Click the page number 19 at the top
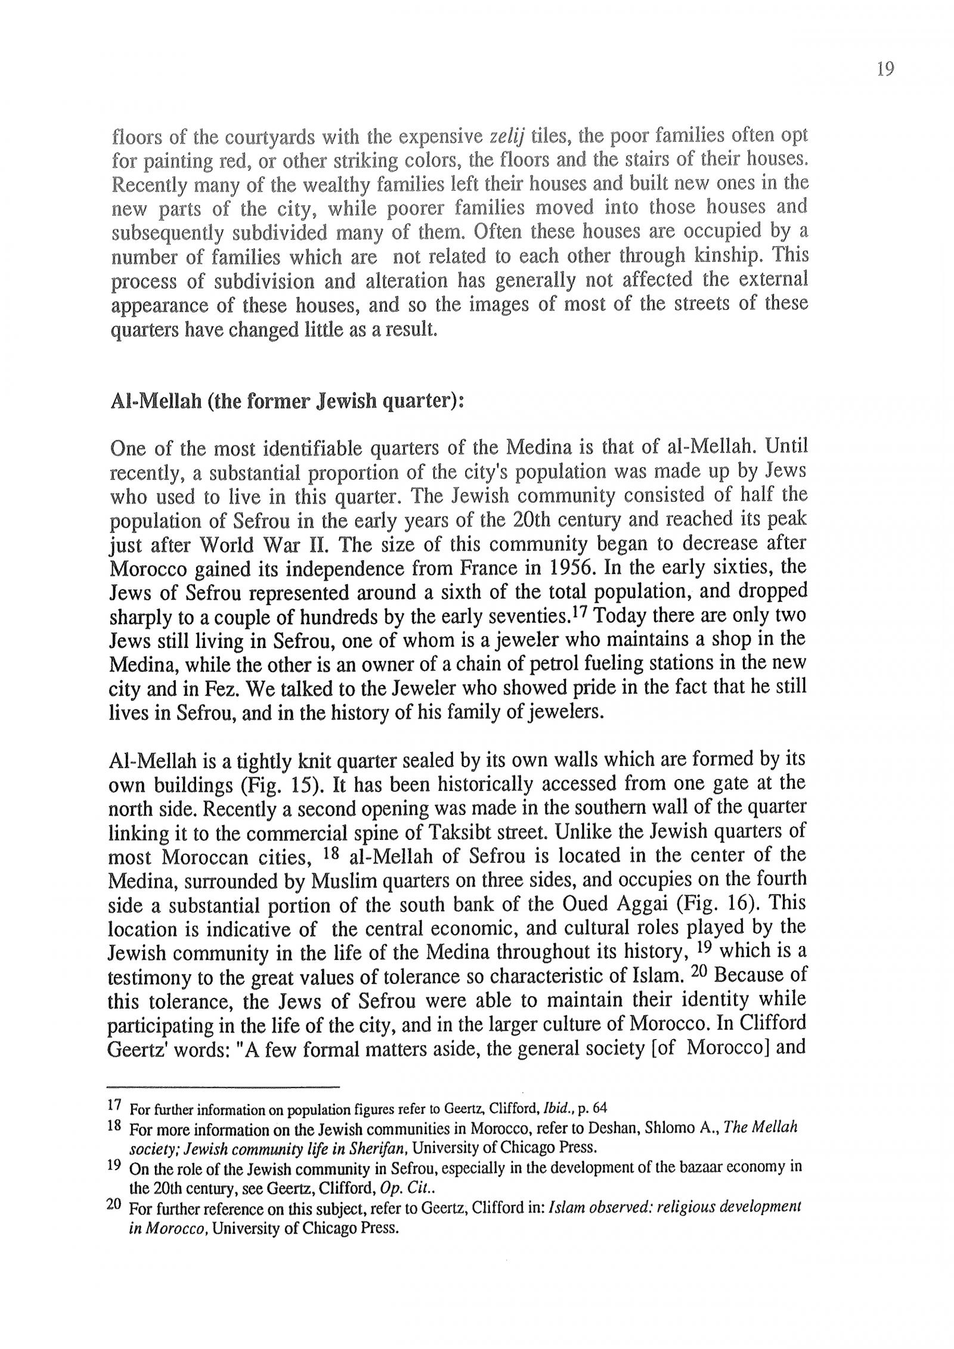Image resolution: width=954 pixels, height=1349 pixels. [885, 70]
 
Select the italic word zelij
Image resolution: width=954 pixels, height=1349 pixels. [506, 137]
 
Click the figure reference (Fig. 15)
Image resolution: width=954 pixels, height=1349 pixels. [282, 784]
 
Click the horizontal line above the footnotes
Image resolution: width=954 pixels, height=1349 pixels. [224, 1087]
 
